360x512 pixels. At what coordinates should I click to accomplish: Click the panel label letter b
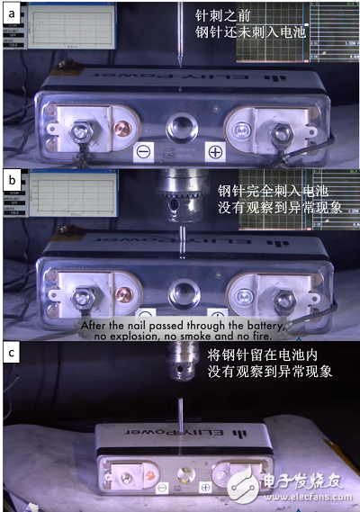click(11, 180)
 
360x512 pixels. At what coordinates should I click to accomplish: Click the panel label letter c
click(11, 353)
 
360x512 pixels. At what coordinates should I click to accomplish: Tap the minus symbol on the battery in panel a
click(144, 150)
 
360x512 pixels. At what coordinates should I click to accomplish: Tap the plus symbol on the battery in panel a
click(214, 150)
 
